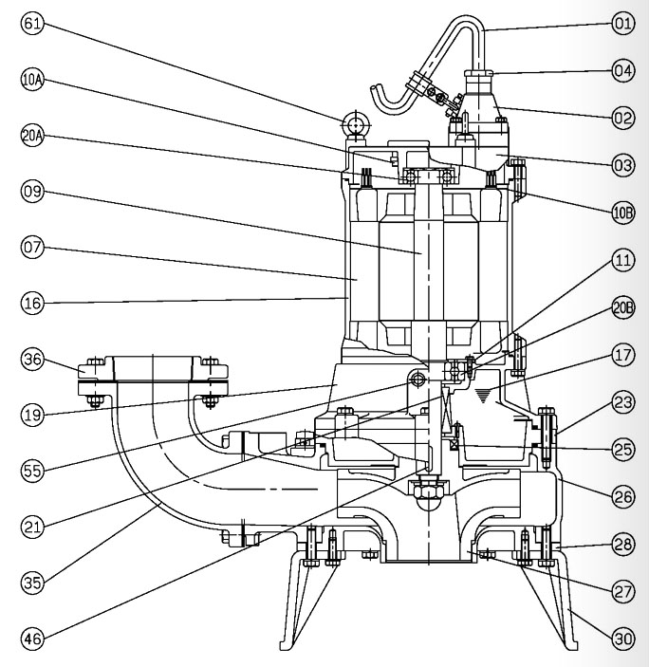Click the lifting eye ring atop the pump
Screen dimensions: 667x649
click(357, 124)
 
